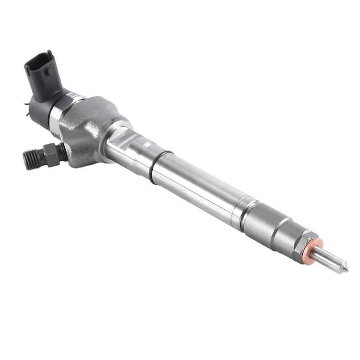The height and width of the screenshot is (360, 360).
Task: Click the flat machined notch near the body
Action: coord(121,137)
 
